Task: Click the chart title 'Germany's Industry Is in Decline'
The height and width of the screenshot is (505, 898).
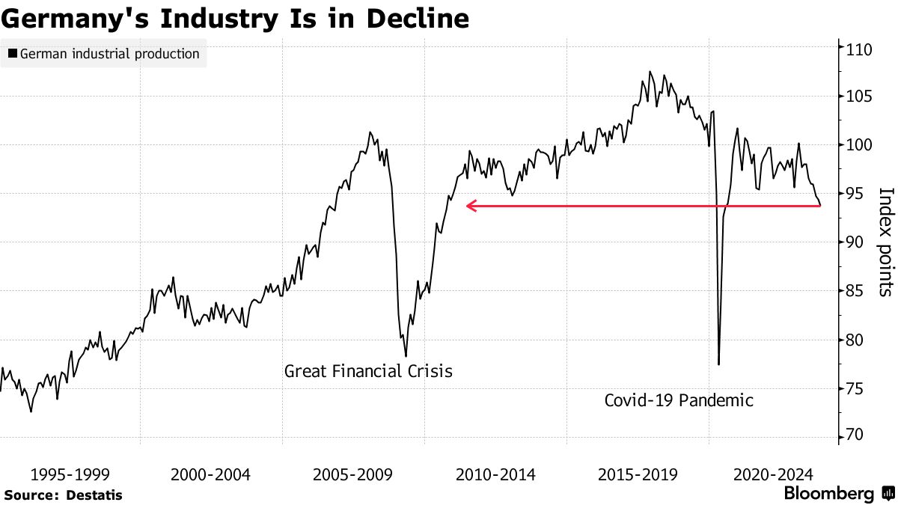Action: (235, 19)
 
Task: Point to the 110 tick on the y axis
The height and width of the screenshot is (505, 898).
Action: (860, 49)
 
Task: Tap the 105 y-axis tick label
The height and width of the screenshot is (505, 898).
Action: (860, 97)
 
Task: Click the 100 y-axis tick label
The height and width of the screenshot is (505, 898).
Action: (860, 144)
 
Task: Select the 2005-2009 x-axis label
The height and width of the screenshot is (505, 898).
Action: (352, 474)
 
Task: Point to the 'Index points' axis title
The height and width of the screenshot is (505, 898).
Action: (885, 241)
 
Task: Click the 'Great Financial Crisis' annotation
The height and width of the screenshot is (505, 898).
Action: (368, 371)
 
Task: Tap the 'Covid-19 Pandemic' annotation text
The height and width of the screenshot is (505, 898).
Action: (679, 400)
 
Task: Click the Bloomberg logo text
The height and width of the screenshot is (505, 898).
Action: (828, 494)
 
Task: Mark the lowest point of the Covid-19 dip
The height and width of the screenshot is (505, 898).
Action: (718, 364)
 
